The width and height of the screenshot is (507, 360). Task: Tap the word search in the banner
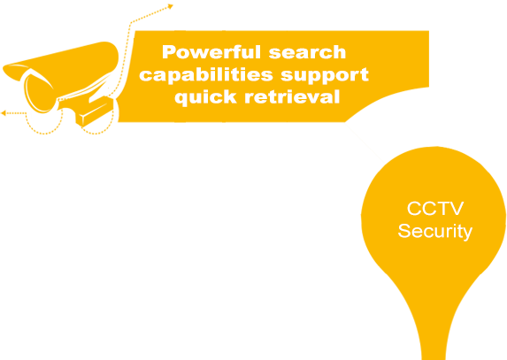point(308,53)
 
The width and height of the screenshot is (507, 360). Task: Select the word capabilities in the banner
point(206,75)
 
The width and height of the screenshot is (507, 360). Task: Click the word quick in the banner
point(205,97)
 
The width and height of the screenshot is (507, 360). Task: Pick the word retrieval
point(292,96)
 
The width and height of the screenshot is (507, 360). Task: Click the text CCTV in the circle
point(435,209)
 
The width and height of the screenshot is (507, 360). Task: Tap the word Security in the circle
point(435,232)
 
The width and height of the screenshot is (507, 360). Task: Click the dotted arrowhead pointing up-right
point(171,6)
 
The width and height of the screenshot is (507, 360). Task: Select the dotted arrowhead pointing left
point(4,113)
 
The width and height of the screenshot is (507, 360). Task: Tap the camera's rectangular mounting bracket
point(95,111)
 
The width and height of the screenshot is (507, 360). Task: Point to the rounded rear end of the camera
point(111,56)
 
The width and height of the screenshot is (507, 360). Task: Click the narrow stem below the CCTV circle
point(434,326)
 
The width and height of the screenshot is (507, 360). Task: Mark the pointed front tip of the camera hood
point(4,68)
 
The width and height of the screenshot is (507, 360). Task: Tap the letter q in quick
point(182,99)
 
